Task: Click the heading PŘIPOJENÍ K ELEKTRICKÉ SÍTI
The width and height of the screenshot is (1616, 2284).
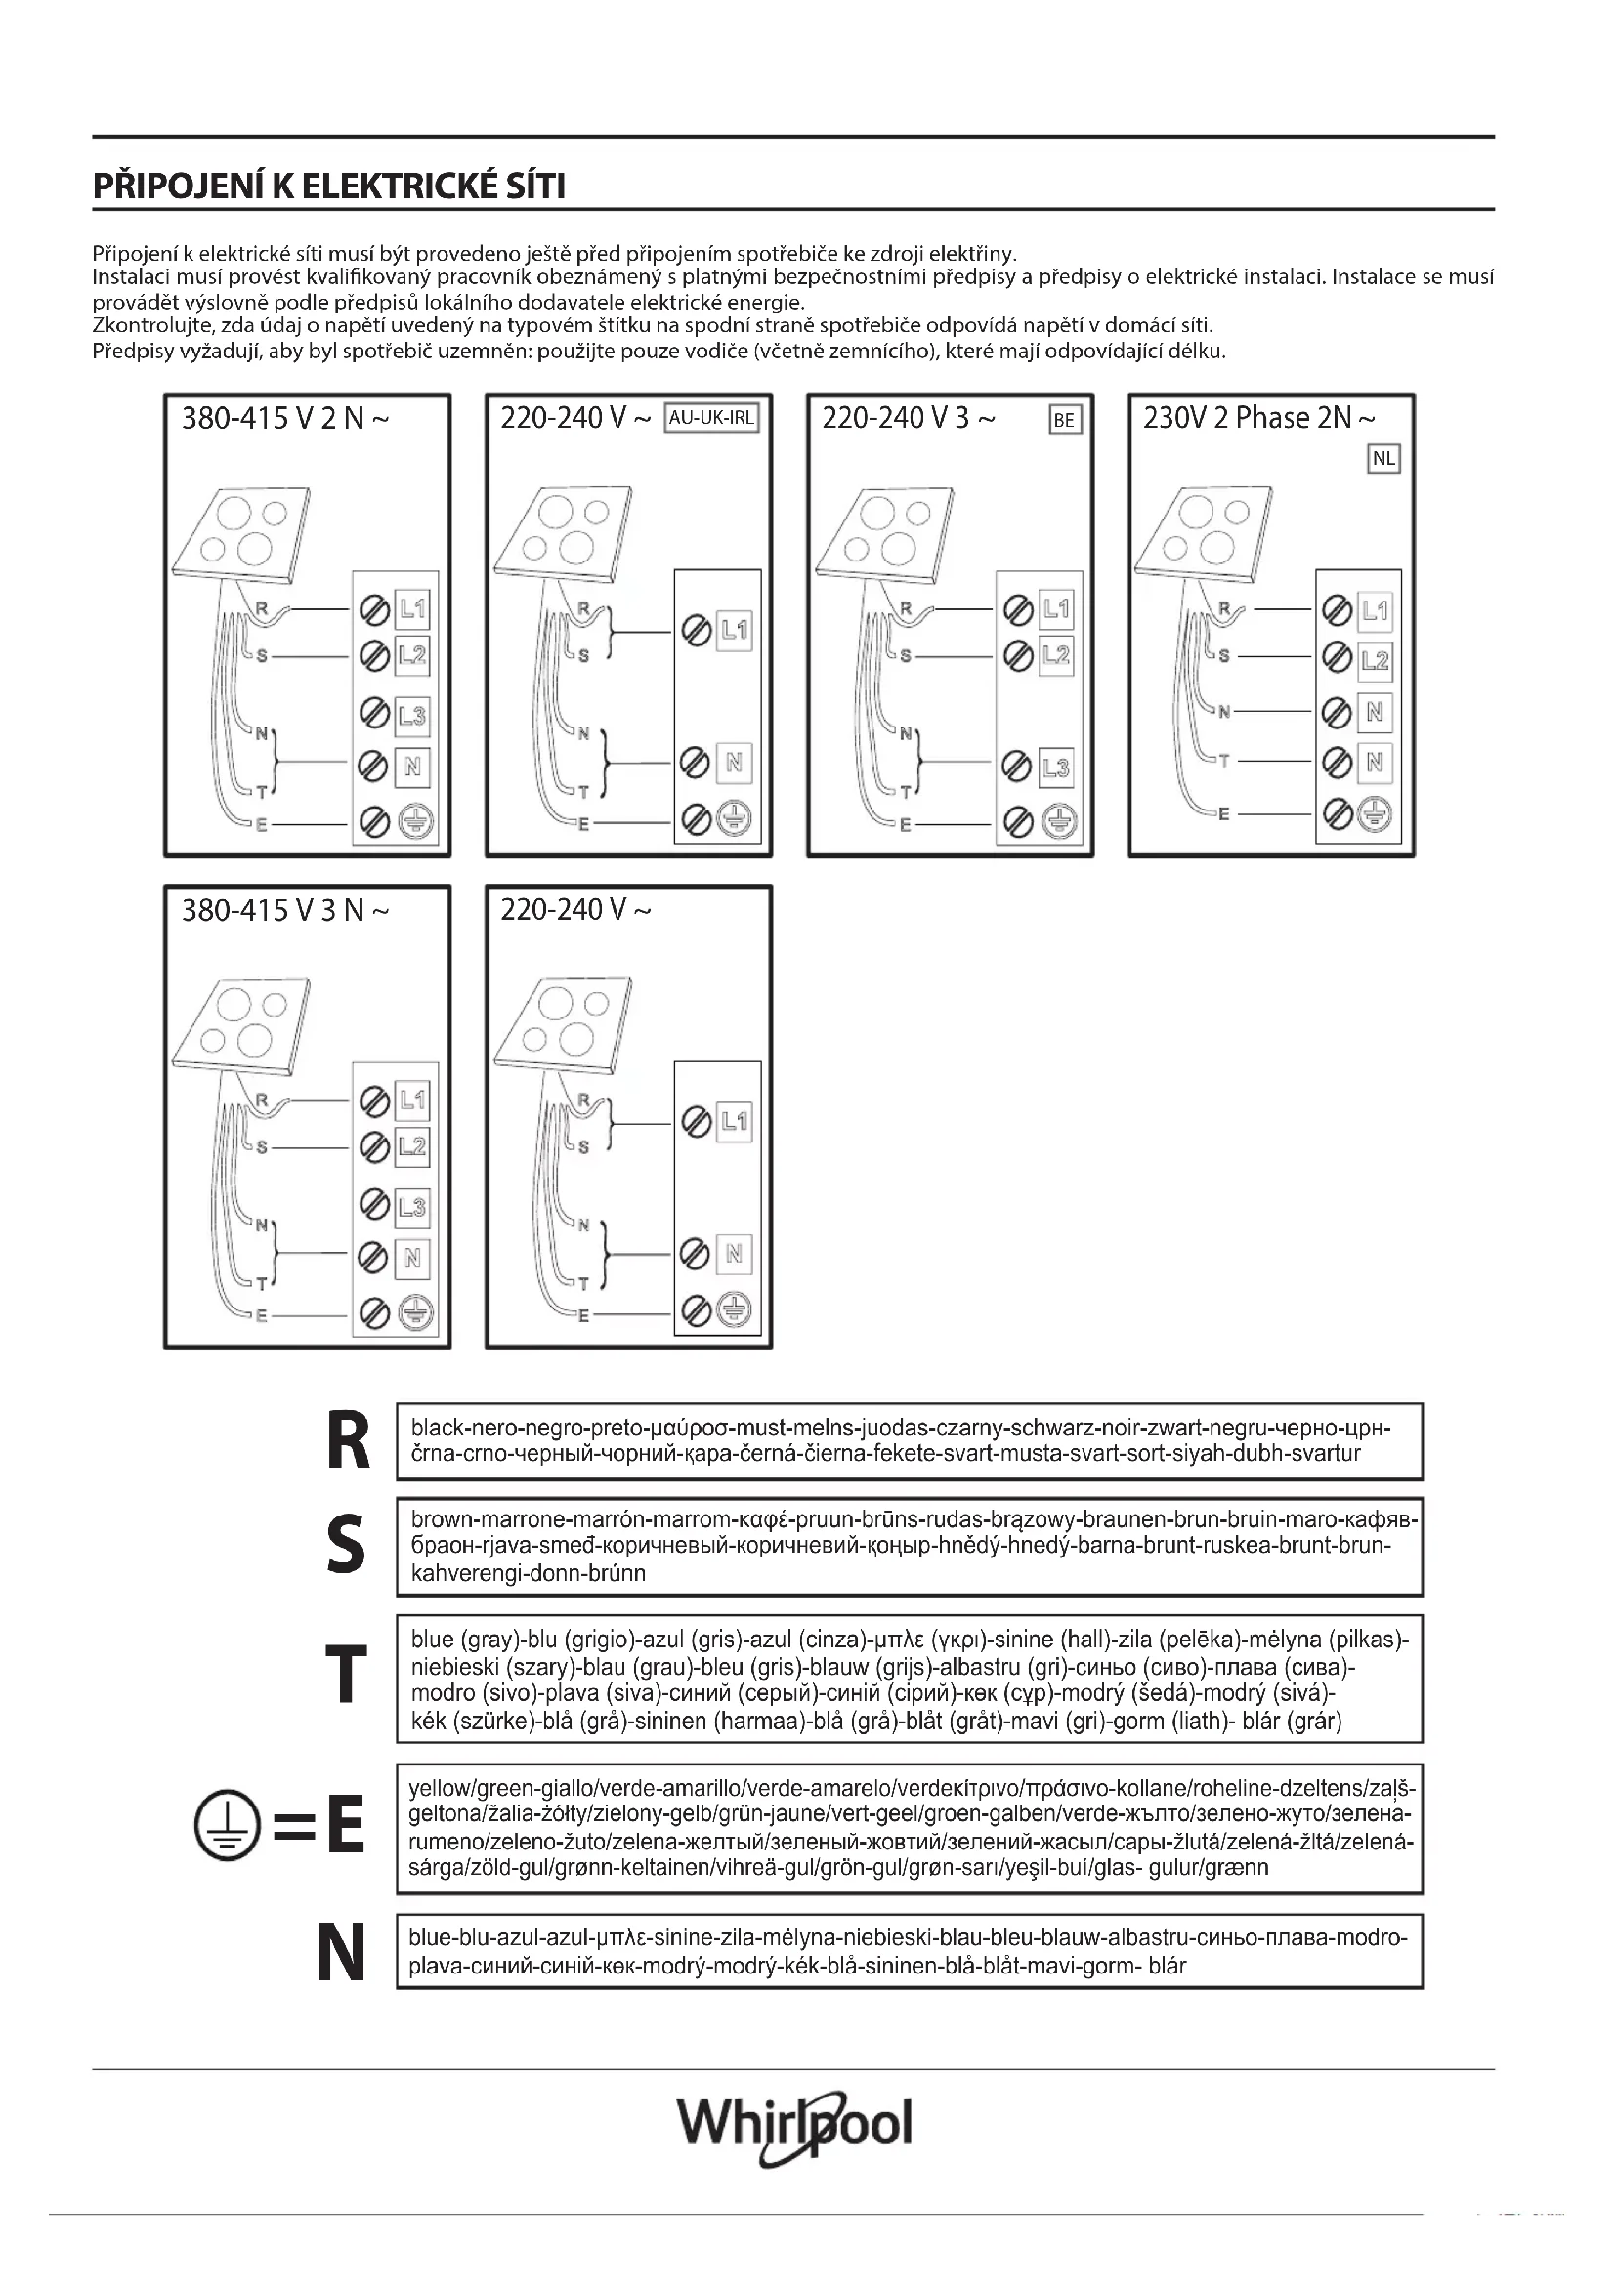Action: tap(329, 187)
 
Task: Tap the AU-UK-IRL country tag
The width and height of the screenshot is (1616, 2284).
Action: tap(710, 418)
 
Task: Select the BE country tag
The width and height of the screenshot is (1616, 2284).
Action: tap(1064, 420)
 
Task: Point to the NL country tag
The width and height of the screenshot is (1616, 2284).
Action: tap(1383, 459)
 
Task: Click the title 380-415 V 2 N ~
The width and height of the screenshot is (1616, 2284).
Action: tap(285, 419)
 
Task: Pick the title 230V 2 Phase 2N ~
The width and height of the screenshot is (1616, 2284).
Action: tap(1258, 418)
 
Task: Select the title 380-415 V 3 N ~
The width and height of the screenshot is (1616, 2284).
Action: tap(285, 910)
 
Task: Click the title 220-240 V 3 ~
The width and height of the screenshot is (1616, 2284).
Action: tap(908, 419)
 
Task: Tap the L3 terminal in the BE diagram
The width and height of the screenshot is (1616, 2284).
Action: tap(1056, 767)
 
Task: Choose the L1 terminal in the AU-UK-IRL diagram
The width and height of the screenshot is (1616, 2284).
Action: tap(735, 629)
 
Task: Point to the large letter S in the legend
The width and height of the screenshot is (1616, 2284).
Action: tap(345, 1545)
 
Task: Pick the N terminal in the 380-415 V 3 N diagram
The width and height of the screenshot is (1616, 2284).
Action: tap(412, 1259)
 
